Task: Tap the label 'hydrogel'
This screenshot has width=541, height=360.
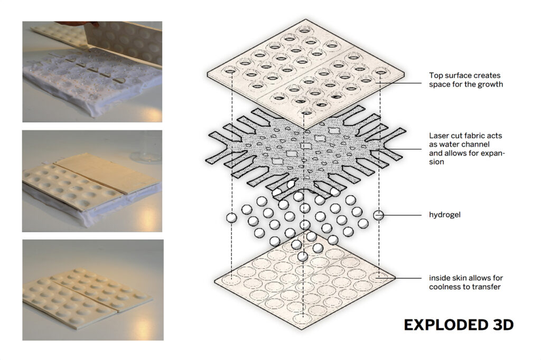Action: click(x=445, y=215)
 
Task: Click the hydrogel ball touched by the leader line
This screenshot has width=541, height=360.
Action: click(x=378, y=215)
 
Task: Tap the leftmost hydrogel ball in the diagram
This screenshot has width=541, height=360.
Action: click(x=231, y=217)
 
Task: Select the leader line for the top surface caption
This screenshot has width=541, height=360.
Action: click(x=398, y=83)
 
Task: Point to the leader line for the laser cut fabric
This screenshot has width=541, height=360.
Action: click(x=402, y=149)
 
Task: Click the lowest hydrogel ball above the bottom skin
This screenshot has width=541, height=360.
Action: click(x=303, y=257)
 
